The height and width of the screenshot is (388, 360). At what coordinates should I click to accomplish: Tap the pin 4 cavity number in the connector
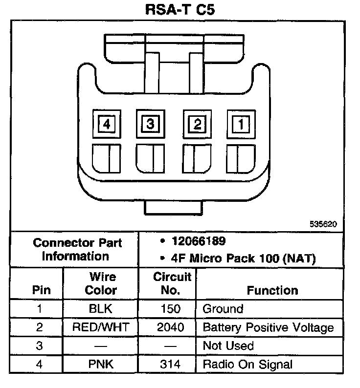106,124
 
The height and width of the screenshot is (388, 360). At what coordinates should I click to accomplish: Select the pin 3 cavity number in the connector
150,124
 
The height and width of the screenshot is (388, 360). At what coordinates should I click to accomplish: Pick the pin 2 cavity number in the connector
197,124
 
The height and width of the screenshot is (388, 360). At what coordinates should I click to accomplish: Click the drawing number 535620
323,224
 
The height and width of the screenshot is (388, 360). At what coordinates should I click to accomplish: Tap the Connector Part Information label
77,249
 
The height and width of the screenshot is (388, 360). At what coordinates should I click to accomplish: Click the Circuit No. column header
172,283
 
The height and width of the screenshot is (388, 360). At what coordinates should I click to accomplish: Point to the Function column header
272,290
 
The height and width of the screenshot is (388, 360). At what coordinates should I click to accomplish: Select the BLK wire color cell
101,309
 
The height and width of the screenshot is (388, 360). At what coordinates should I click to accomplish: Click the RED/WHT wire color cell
101,327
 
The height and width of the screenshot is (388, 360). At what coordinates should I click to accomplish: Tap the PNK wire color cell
101,364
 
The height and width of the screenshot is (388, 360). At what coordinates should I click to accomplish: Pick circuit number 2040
171,327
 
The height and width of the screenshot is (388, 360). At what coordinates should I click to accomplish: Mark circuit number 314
170,364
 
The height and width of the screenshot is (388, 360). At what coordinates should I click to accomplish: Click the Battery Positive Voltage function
268,327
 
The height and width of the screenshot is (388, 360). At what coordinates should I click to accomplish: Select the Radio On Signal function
247,364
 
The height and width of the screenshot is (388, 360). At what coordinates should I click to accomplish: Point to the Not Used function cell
228,346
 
